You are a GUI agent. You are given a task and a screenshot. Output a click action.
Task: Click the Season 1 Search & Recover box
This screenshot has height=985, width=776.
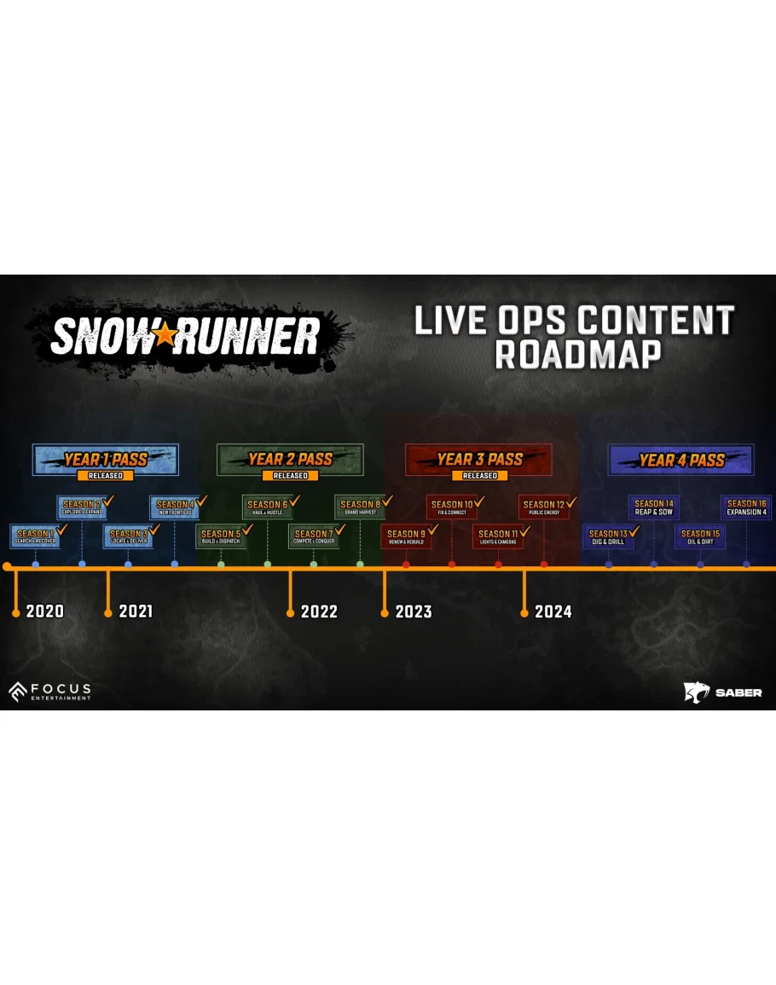[35, 536]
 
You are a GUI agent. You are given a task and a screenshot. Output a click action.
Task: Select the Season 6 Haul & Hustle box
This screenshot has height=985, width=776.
[268, 507]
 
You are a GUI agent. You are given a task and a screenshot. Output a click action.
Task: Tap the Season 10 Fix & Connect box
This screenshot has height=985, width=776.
[452, 507]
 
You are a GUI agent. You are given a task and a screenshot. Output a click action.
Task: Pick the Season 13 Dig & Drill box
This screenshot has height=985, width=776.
[608, 536]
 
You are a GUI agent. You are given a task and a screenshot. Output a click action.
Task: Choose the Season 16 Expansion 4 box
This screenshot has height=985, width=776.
[746, 507]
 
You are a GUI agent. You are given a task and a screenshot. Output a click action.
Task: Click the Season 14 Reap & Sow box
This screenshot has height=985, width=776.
[654, 507]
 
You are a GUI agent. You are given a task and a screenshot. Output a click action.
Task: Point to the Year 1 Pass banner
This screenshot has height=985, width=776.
[106, 460]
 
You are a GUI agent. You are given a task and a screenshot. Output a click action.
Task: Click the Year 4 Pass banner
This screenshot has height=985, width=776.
[681, 461]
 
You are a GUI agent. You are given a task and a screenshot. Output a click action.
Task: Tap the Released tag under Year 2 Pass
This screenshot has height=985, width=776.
[290, 476]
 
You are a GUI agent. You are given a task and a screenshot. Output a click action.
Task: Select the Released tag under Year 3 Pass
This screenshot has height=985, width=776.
[479, 476]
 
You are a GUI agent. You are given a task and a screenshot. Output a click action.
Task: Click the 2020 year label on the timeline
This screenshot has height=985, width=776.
[44, 611]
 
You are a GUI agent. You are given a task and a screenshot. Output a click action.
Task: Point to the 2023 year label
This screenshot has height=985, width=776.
[414, 611]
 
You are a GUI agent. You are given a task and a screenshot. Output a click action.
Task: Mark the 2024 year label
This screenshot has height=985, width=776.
[553, 611]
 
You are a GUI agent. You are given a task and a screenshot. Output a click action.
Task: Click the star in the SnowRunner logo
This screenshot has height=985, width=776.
[165, 336]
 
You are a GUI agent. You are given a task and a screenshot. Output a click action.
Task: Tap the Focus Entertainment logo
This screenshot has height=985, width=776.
[49, 692]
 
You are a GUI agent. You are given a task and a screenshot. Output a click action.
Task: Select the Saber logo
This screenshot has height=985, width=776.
[723, 692]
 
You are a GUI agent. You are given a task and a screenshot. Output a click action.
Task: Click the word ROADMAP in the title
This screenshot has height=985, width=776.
[578, 354]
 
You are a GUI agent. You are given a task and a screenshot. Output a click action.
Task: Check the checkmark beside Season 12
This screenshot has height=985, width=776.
[571, 501]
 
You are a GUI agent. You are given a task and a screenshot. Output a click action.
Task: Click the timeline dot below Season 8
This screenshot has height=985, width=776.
[360, 565]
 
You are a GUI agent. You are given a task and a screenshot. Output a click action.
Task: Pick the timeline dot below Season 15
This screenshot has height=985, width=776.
[700, 565]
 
